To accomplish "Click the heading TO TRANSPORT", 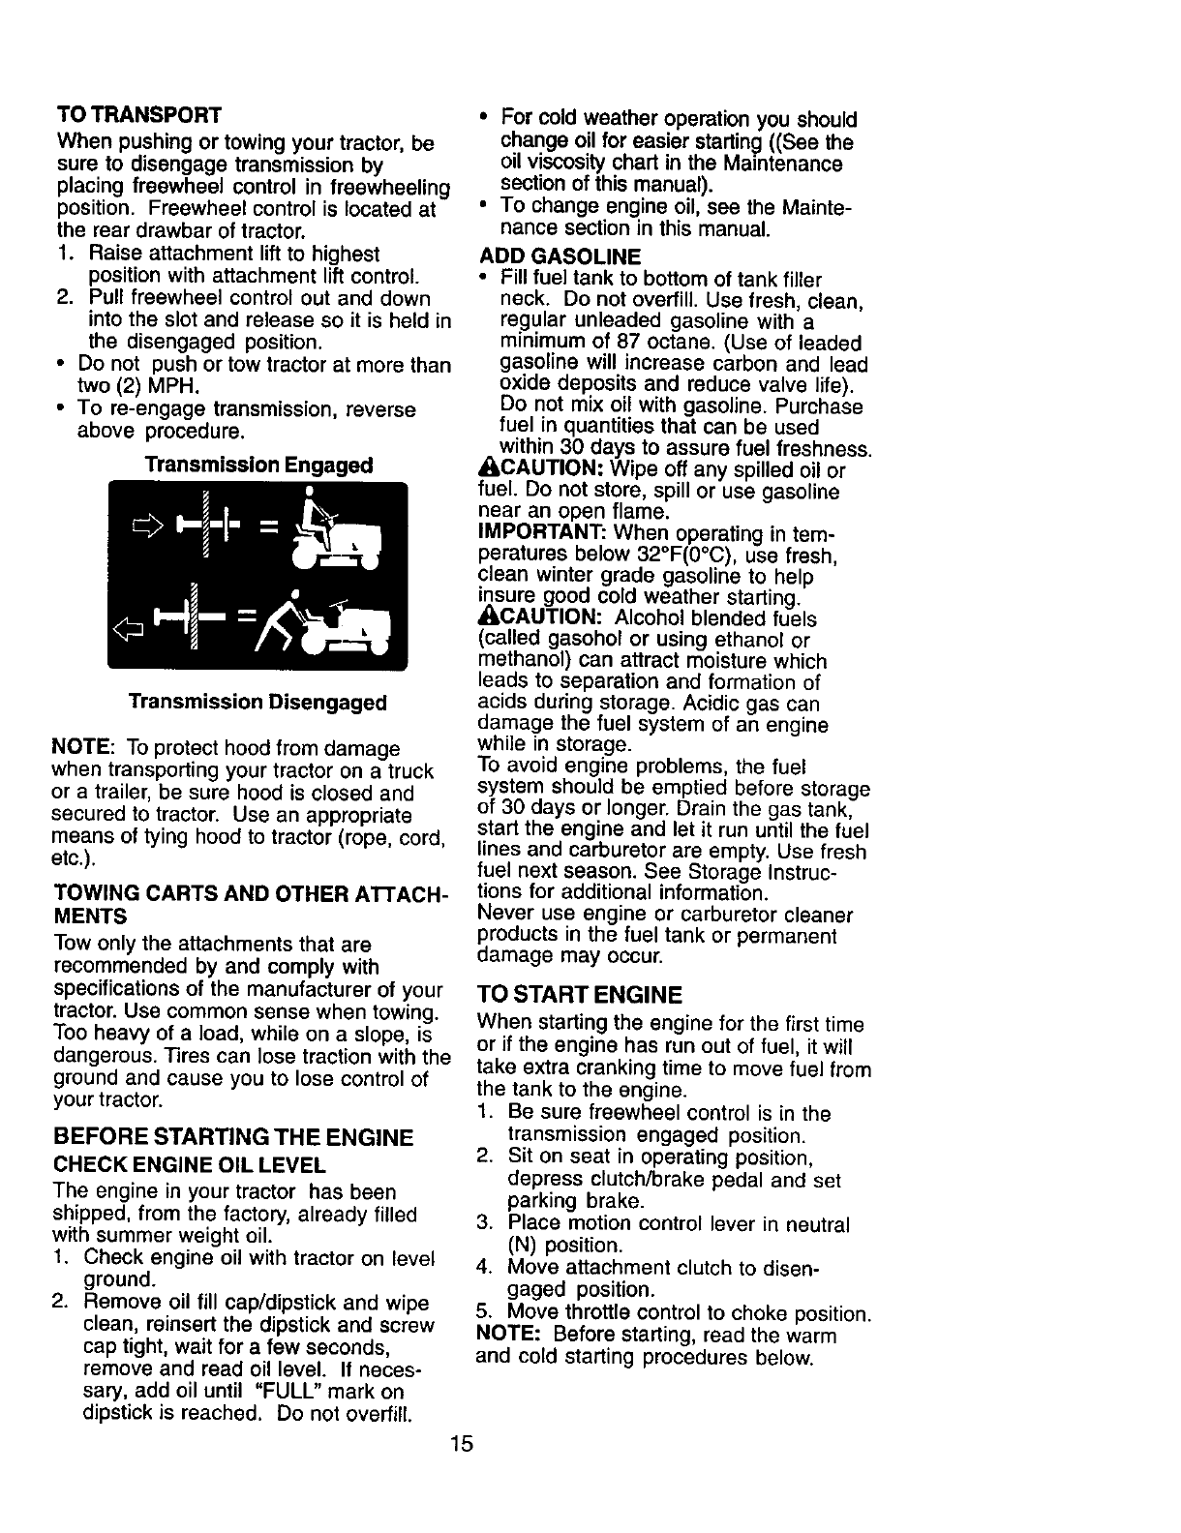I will [139, 114].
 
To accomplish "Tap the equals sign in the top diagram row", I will [267, 528].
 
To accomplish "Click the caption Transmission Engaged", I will [258, 466].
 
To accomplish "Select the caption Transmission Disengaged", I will [257, 702].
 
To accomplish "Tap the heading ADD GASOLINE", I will [560, 256].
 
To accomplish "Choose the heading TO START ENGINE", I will [581, 995].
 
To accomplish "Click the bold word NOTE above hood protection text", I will [84, 749].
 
